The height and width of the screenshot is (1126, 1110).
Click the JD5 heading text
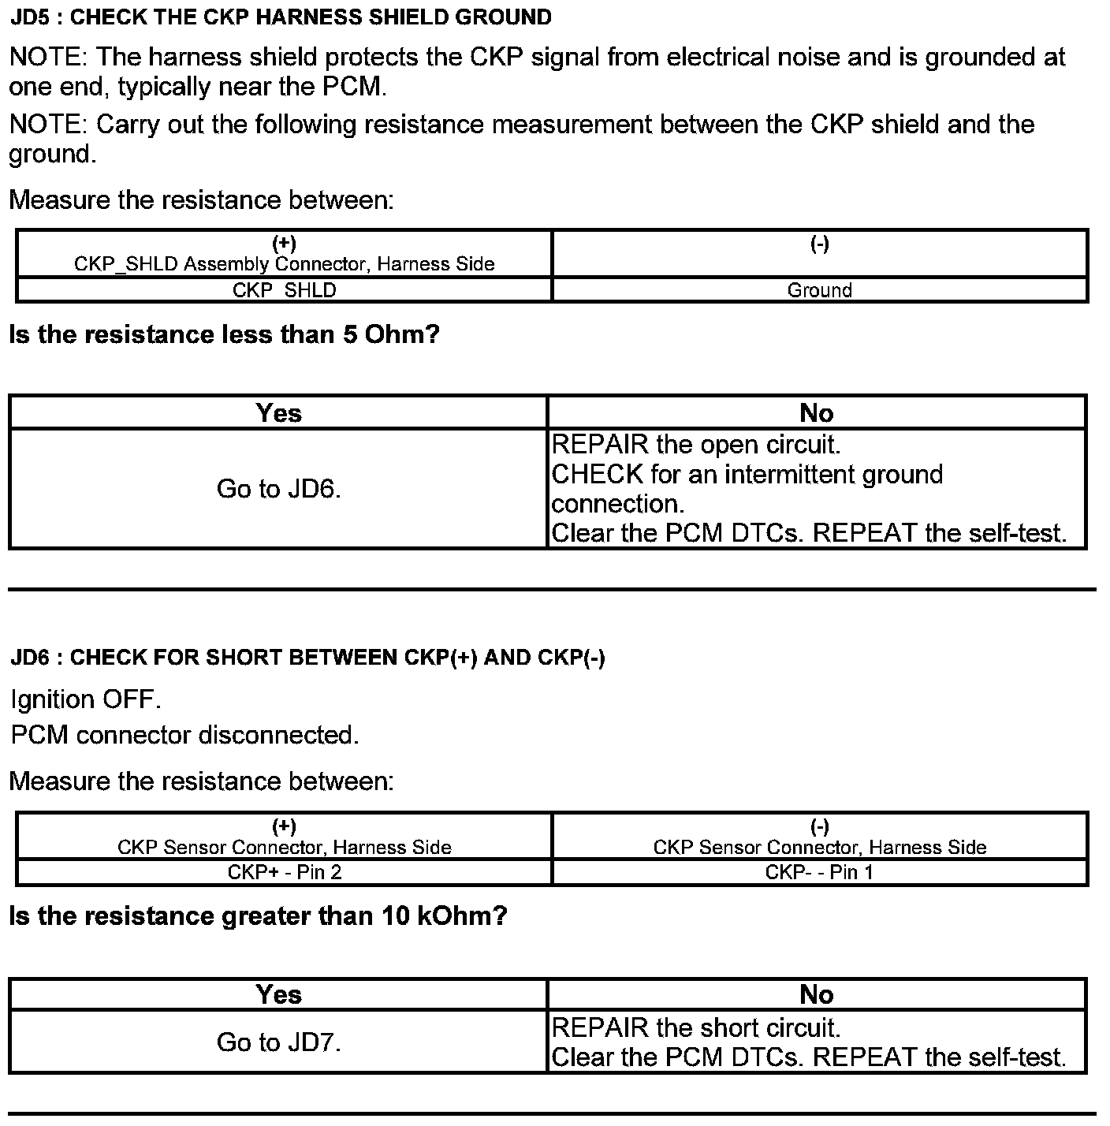(x=281, y=17)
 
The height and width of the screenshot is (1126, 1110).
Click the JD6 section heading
(x=307, y=658)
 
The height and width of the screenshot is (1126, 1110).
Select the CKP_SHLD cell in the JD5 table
(x=284, y=290)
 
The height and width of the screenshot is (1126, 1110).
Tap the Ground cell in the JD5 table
(x=820, y=290)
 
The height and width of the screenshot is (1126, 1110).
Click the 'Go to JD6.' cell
(x=278, y=490)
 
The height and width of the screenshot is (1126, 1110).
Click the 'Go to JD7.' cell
(x=278, y=1042)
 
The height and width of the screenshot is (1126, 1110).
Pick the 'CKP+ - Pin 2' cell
(x=284, y=872)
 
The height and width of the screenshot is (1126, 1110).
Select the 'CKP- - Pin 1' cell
(x=819, y=872)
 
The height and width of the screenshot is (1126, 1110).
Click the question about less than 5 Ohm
(x=224, y=335)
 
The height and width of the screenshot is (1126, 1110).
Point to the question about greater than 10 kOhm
(x=258, y=916)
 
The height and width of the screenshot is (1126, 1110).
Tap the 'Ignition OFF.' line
(x=86, y=699)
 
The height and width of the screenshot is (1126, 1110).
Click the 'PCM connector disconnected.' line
(x=184, y=735)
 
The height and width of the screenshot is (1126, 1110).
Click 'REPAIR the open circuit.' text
(x=696, y=445)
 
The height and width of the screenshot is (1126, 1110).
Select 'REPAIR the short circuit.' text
(x=696, y=1027)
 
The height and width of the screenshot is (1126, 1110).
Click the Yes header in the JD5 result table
(x=278, y=413)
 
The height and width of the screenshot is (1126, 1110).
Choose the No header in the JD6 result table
(x=816, y=994)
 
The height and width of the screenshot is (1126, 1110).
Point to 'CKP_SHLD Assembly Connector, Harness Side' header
(x=284, y=264)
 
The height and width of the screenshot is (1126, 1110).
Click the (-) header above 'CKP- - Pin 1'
(x=819, y=826)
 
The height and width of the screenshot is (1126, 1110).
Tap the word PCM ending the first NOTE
(x=352, y=87)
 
